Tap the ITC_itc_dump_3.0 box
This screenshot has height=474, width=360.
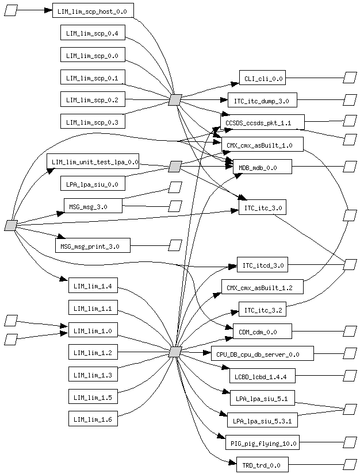click(262, 100)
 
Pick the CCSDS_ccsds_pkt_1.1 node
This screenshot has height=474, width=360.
click(262, 122)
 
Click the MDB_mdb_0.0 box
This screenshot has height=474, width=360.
click(262, 167)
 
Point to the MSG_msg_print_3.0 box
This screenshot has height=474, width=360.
click(93, 245)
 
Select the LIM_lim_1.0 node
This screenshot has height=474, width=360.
click(93, 330)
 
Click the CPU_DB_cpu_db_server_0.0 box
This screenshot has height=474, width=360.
click(262, 353)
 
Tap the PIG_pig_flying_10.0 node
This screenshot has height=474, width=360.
click(262, 442)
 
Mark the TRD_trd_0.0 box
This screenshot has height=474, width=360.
click(262, 464)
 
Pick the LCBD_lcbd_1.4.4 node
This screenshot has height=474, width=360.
click(262, 376)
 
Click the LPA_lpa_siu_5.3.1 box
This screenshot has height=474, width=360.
click(262, 421)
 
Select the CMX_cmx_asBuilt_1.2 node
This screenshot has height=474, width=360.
click(262, 287)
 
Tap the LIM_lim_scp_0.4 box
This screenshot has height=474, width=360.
click(93, 33)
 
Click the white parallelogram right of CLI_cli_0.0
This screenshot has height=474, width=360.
click(350, 78)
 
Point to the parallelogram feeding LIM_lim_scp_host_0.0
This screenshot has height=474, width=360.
click(10, 10)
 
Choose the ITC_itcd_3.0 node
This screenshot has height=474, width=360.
click(262, 265)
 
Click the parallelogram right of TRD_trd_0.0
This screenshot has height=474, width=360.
click(350, 464)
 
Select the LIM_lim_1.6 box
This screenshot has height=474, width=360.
click(93, 419)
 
